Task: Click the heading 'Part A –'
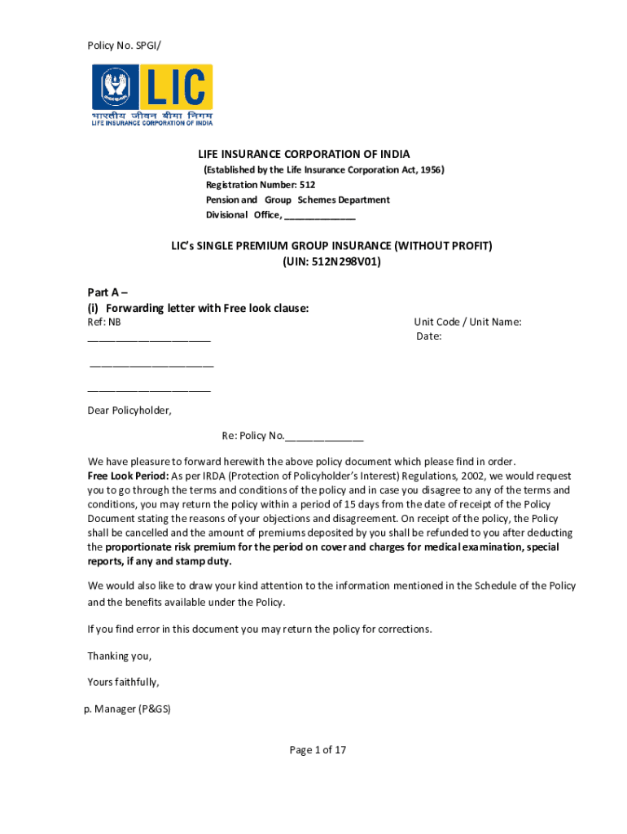[107, 292]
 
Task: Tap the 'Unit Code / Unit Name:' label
[467, 322]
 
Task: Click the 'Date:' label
[429, 336]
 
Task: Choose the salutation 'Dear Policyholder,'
[129, 410]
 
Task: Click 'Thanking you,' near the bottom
[120, 656]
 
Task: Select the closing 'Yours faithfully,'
[123, 682]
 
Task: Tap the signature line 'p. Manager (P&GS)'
[128, 709]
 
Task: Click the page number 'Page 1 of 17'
[318, 750]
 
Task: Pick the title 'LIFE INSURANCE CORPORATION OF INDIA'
[305, 154]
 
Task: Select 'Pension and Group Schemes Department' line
[297, 200]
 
